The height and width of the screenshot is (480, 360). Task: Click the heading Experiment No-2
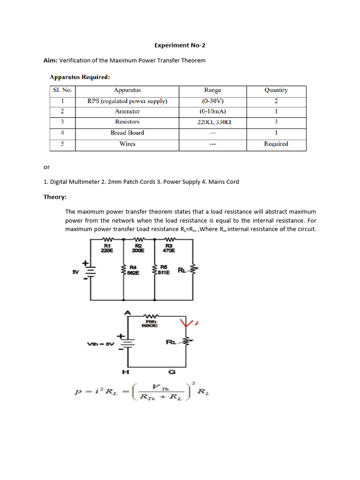[x=180, y=45]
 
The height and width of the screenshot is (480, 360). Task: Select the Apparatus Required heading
[x=80, y=77]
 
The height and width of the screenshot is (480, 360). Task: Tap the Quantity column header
[x=276, y=90]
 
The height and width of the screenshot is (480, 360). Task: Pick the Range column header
[x=212, y=90]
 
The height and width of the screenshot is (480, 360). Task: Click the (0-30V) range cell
[x=212, y=101]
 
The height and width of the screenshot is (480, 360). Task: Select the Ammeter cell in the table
[x=127, y=112]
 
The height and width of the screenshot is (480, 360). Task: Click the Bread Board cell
[x=127, y=133]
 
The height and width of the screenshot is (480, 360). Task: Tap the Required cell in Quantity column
[x=276, y=144]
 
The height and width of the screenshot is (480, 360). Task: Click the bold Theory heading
[x=55, y=197]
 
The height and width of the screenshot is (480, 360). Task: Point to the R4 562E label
[x=134, y=270]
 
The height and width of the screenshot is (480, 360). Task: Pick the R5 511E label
[x=164, y=270]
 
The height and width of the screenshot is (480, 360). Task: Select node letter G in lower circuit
[x=172, y=372]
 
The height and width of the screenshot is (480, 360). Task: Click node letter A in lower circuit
[x=127, y=312]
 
